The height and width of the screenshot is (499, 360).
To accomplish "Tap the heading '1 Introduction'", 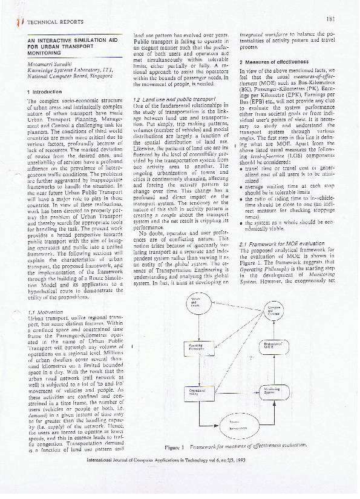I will pos(46,91).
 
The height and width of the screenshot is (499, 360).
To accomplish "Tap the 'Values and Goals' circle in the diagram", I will pos(195,303).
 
